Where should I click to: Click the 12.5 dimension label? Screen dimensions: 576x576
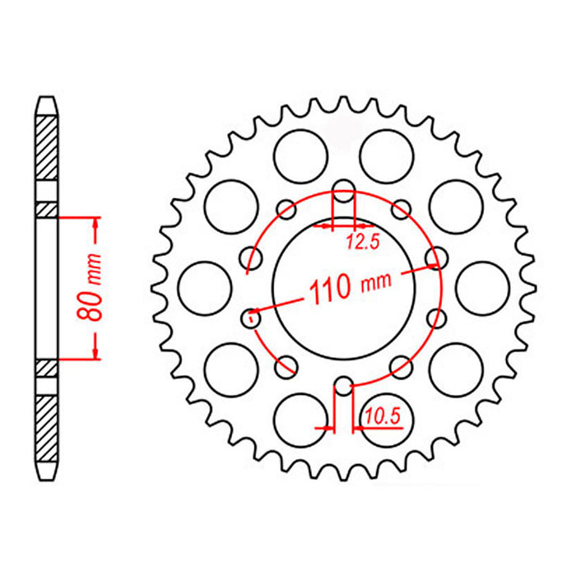357,241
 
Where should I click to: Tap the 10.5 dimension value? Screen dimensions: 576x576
383,417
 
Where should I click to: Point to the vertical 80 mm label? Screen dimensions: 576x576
96,288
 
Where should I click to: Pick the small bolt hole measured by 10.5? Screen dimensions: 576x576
343,383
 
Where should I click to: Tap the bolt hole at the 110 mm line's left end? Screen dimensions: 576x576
252,314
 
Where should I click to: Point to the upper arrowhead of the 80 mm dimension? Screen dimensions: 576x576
95,223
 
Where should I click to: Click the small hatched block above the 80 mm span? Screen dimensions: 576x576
46,210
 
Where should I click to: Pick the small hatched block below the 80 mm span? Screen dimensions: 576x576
46,366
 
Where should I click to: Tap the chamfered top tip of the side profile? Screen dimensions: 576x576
46,104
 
